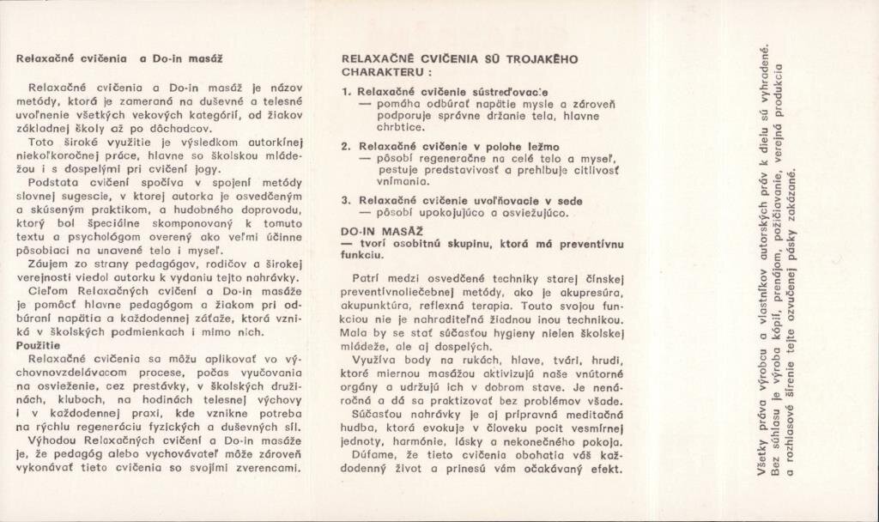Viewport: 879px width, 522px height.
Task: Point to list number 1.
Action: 346,91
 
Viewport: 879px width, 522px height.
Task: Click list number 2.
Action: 346,146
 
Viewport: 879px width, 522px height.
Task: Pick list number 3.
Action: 346,200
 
